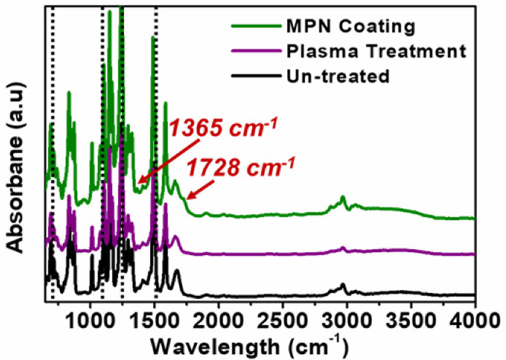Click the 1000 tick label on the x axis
90,319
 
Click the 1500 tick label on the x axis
154,319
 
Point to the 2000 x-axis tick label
219,319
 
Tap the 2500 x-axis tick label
283,319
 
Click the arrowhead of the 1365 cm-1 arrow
140,182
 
